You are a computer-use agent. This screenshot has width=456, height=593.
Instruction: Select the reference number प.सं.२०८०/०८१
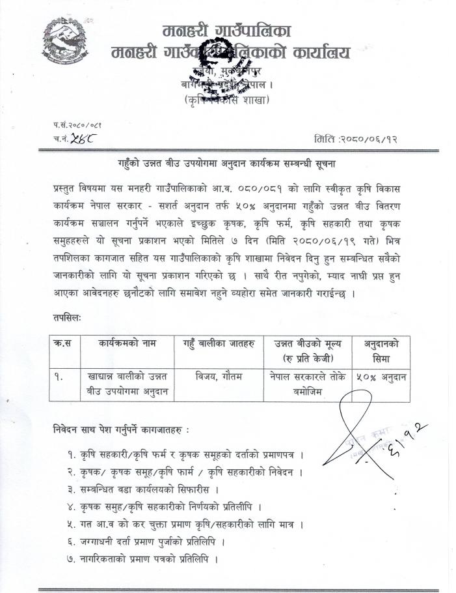[77, 124]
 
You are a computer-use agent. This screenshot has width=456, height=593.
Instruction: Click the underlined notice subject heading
[229, 162]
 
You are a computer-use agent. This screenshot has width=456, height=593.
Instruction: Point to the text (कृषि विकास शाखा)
[226, 100]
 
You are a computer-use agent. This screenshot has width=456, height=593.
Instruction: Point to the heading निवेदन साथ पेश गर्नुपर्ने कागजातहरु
[121, 429]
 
